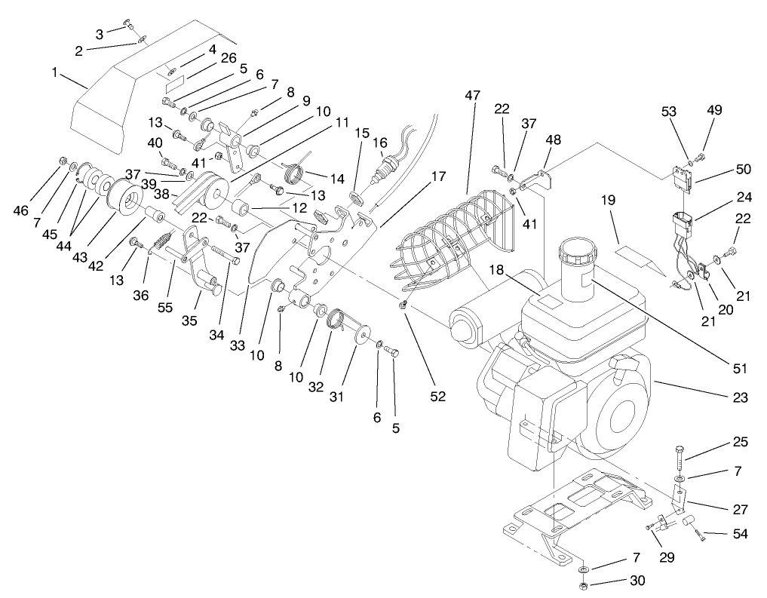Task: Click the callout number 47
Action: pos(472,96)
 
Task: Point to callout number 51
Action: pos(740,368)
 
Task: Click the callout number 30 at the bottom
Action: pos(637,581)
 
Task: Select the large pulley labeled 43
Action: pos(124,201)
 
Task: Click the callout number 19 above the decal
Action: pos(609,200)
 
